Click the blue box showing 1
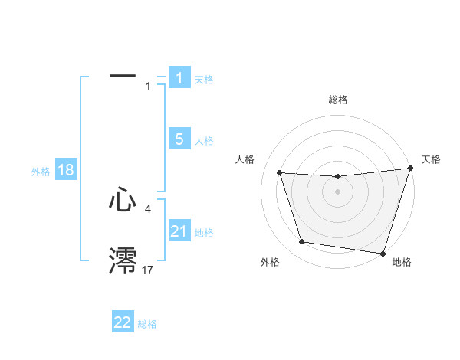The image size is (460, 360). point(179,78)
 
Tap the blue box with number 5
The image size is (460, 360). point(179,139)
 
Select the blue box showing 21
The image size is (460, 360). point(179,231)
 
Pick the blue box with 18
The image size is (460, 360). point(66,170)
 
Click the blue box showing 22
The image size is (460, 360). point(123,322)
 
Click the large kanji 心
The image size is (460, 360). point(123,201)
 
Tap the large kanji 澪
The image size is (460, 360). point(123,261)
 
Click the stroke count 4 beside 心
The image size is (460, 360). point(147,208)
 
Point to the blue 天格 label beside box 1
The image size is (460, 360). point(204,80)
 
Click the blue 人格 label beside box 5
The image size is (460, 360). point(204,141)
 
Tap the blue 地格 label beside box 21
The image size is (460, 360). point(204,233)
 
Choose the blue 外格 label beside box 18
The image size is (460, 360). point(41,172)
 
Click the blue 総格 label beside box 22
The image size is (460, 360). point(147,324)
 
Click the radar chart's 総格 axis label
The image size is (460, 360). point(338,100)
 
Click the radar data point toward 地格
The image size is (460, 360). point(383,253)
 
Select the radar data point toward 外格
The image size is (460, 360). point(302,242)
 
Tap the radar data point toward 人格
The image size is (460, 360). point(279,173)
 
